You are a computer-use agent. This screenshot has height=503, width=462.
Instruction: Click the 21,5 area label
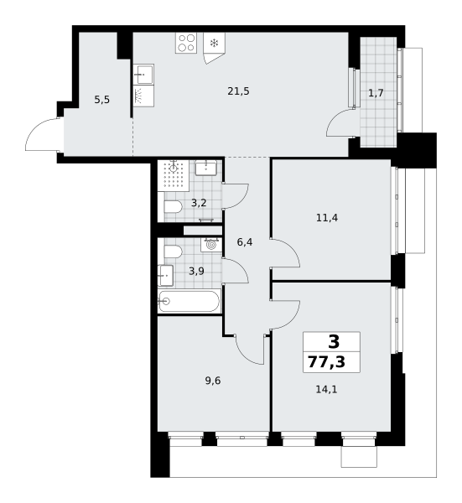238,91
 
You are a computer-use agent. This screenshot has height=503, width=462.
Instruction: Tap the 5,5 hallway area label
102,100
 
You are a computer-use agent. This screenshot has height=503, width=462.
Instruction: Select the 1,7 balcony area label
376,93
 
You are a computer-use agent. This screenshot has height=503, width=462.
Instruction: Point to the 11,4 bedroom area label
327,218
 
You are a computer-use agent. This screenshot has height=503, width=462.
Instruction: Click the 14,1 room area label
327,390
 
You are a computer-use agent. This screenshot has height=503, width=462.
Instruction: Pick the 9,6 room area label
213,381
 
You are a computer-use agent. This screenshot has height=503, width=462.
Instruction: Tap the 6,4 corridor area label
245,242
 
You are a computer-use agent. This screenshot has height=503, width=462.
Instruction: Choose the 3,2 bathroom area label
199,203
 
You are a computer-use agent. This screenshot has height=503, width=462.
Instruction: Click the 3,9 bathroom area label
196,272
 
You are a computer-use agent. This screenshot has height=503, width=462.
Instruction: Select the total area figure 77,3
327,362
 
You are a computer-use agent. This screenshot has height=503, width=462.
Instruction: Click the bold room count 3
334,342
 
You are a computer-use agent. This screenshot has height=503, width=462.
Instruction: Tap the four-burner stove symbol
186,43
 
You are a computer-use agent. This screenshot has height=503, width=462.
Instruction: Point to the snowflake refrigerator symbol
214,43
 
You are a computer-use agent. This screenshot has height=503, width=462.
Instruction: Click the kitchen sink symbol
143,74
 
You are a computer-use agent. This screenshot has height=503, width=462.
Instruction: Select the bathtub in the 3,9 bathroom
189,301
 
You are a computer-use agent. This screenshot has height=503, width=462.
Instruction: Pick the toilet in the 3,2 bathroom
173,206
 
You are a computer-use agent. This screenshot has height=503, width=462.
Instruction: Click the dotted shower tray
173,176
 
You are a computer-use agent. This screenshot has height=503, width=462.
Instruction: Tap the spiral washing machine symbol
210,246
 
